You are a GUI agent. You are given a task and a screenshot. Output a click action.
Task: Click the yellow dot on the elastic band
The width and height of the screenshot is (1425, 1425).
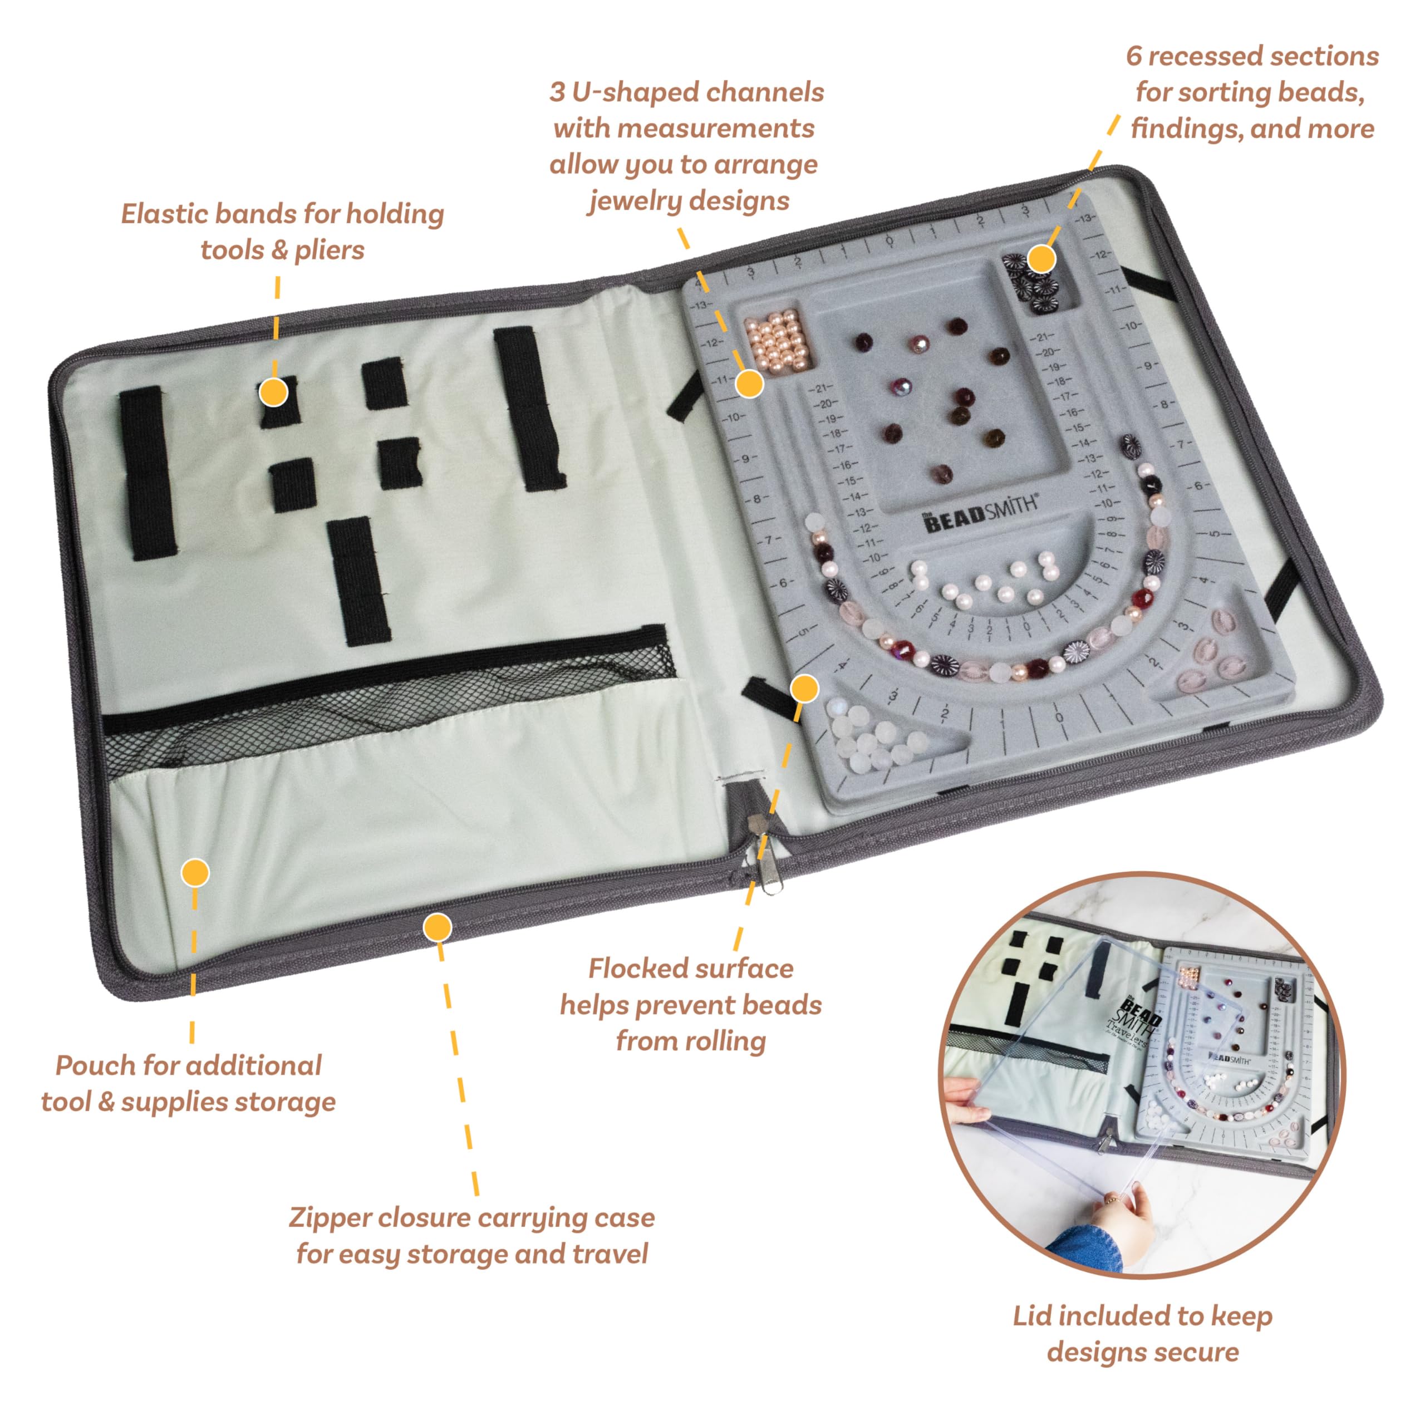pyautogui.click(x=274, y=392)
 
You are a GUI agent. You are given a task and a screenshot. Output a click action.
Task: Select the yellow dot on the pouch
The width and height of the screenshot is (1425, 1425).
pyautogui.click(x=195, y=873)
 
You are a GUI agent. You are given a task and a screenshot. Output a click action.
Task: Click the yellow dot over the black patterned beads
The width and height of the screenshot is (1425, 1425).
pyautogui.click(x=1041, y=258)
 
